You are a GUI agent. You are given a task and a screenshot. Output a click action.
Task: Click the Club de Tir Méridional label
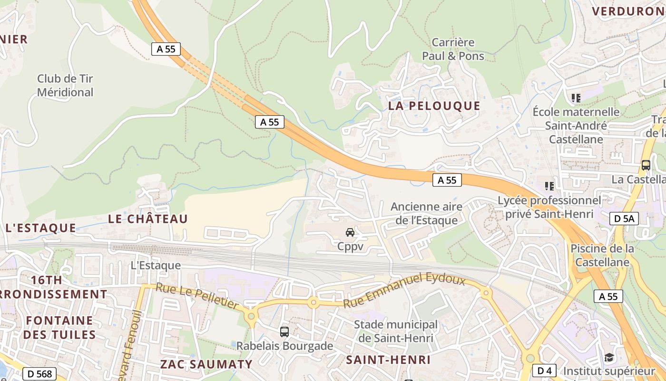[65, 86]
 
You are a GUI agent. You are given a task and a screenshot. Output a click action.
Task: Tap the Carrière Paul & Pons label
[453, 50]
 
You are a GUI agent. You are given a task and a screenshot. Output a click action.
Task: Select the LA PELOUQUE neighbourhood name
[434, 106]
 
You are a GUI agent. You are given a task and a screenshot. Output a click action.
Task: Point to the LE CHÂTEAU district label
[148, 219]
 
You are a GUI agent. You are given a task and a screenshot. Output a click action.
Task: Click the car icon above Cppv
[350, 232]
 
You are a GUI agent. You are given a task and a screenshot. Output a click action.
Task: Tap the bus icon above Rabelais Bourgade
[284, 332]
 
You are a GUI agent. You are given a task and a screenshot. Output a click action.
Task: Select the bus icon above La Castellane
[646, 165]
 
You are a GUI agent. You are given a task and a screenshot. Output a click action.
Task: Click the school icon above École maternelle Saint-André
[576, 98]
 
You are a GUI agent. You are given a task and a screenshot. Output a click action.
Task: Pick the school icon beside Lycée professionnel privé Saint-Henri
[549, 186]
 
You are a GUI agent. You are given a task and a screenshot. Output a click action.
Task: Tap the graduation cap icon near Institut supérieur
[609, 357]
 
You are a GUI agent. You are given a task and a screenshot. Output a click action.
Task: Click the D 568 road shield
[39, 374]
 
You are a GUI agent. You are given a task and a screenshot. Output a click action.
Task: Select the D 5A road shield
[624, 219]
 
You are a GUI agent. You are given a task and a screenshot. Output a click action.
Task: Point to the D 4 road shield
[544, 371]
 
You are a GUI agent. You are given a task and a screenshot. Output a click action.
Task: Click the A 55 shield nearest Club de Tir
[166, 49]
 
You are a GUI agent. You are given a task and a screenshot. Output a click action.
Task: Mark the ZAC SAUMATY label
[206, 364]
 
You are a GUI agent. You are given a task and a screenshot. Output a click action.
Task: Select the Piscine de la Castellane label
[602, 255]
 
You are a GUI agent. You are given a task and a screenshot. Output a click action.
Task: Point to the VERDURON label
[627, 11]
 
